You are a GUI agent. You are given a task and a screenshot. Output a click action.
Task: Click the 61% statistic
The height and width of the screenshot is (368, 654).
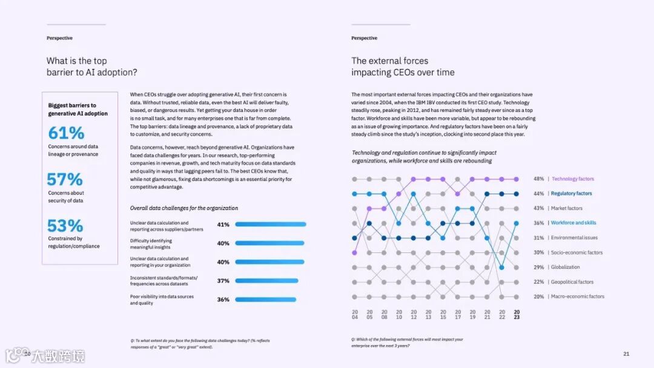coord(66,133)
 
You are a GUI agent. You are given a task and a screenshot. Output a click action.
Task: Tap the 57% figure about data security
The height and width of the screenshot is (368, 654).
coord(65,179)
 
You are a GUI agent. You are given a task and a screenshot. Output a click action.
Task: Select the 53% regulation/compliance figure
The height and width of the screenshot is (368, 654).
coord(65,226)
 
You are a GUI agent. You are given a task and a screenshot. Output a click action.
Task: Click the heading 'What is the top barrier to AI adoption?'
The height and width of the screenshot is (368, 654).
coord(91,67)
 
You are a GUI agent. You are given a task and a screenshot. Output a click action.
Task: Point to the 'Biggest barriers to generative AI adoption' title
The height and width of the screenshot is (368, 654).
coord(78,110)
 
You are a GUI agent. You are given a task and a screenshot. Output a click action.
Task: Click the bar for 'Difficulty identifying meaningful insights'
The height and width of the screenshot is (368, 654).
coord(270,243)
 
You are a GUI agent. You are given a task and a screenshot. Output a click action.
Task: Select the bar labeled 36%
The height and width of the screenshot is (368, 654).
coord(265,300)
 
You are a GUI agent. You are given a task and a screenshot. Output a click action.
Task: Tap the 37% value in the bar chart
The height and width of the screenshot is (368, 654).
coord(223,281)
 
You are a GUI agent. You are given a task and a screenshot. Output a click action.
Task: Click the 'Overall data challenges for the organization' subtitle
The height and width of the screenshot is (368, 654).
coord(183,208)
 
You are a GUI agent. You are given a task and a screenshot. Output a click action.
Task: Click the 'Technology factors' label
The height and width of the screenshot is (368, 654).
coord(572,179)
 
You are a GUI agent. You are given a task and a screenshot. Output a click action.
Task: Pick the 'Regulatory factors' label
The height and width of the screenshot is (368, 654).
coord(571,194)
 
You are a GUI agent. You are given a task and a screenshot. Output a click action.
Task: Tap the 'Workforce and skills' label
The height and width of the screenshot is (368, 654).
coord(573,223)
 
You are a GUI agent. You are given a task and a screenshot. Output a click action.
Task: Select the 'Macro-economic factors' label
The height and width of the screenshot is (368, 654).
coord(577,297)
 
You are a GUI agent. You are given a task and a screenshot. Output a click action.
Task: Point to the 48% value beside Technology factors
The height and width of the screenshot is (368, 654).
coord(538,179)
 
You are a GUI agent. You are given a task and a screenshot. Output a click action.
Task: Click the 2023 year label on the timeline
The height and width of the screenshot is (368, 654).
coord(517,314)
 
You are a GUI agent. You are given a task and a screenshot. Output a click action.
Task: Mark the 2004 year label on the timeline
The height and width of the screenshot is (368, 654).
coord(355,314)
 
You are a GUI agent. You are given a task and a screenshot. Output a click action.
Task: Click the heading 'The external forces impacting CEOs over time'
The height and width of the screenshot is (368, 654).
coord(403,67)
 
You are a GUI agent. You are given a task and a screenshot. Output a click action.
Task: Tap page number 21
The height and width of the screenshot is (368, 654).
coord(626,353)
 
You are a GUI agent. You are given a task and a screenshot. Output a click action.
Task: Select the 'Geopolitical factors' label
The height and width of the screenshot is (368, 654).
coord(572,282)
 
